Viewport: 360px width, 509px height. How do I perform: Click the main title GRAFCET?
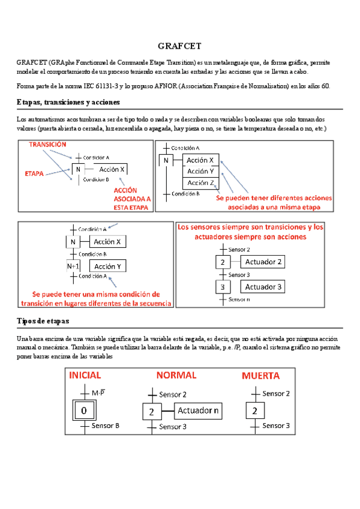pyautogui.click(x=179, y=46)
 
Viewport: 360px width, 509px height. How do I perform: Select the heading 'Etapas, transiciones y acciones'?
pyautogui.click(x=68, y=102)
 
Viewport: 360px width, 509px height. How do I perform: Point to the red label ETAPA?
pyautogui.click(x=34, y=173)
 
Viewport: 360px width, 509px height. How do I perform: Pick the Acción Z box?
pyautogui.click(x=200, y=182)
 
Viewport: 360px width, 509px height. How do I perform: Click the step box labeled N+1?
pyautogui.click(x=73, y=266)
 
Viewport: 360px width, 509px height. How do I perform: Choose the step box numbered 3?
pyautogui.click(x=222, y=287)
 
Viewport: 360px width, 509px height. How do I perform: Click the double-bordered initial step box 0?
pyautogui.click(x=84, y=410)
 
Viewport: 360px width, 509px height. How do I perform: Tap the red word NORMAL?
pyautogui.click(x=176, y=375)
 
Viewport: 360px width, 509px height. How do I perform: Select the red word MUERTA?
pyautogui.click(x=260, y=376)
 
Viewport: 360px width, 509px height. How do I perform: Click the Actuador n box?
pyautogui.click(x=198, y=411)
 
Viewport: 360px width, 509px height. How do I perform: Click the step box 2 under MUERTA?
pyautogui.click(x=255, y=411)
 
